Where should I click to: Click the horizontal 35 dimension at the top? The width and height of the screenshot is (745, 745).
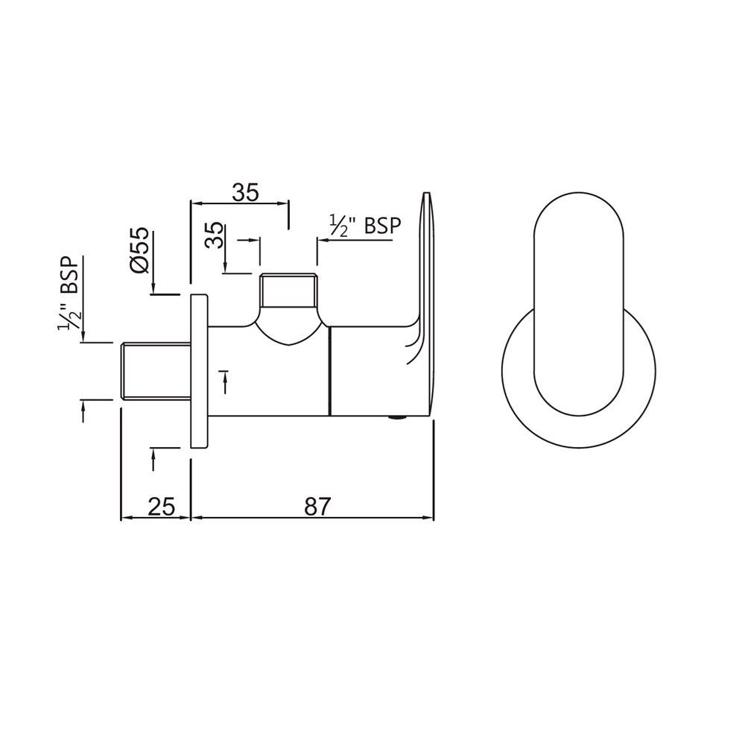pyautogui.click(x=244, y=192)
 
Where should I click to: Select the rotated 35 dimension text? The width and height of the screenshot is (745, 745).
pyautogui.click(x=214, y=238)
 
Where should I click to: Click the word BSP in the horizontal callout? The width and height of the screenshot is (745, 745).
pyautogui.click(x=381, y=226)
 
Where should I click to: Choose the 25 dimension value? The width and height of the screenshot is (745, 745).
pyautogui.click(x=161, y=507)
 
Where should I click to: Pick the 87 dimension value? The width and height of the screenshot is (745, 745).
pyautogui.click(x=317, y=507)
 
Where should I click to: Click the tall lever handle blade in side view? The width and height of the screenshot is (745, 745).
pyautogui.click(x=425, y=298)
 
